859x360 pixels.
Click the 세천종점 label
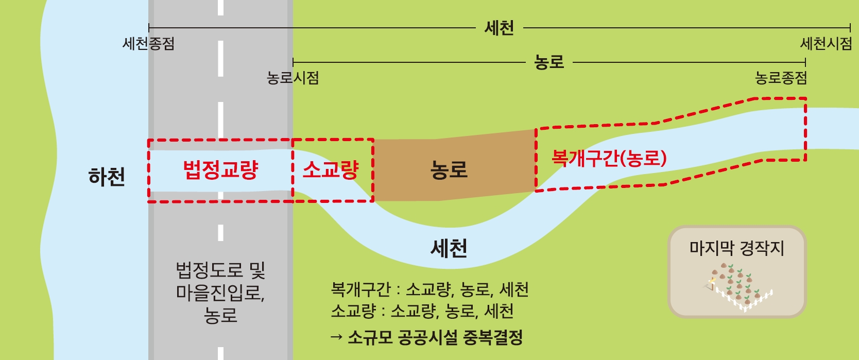(148, 44)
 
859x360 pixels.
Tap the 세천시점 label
(826, 44)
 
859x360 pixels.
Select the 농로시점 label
(293, 78)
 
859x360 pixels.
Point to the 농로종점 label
(781, 78)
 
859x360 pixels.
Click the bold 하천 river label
(107, 177)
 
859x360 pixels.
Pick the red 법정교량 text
(220, 170)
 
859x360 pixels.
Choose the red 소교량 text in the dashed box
(330, 170)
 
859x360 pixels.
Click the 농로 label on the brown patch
(449, 170)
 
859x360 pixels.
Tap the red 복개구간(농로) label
(609, 158)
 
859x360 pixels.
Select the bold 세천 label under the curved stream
(449, 249)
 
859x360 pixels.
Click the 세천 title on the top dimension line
(499, 28)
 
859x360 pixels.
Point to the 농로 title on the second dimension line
(549, 62)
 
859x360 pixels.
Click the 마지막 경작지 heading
(736, 248)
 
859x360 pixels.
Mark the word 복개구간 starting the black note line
(360, 289)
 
